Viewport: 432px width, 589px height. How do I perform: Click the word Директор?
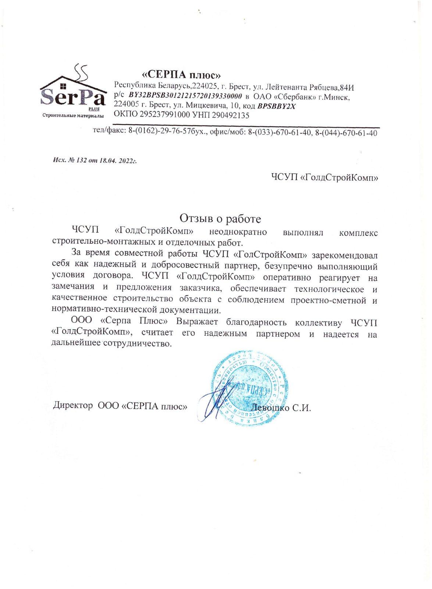[74, 406]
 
